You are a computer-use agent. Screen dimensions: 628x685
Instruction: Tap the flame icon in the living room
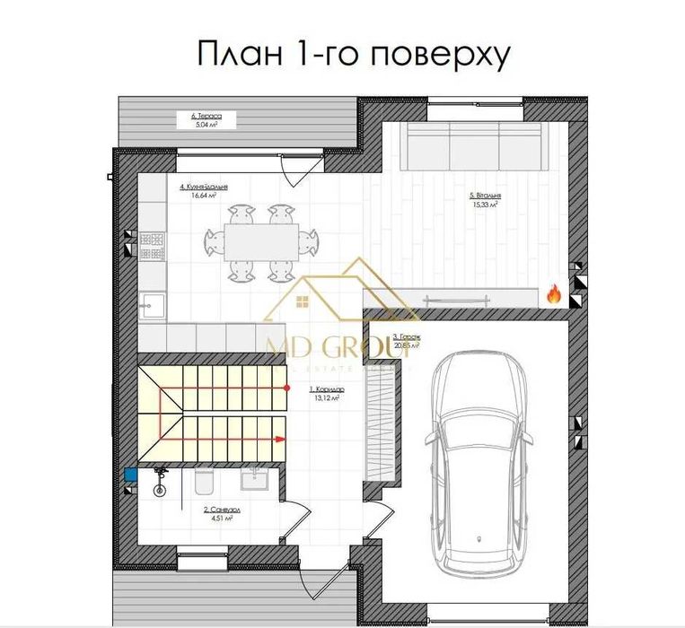pyautogui.click(x=553, y=293)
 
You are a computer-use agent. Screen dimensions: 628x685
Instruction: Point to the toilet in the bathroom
pyautogui.click(x=203, y=484)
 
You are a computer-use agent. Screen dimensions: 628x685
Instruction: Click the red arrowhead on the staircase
pyautogui.click(x=280, y=439)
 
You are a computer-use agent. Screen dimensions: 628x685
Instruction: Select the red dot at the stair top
pyautogui.click(x=286, y=387)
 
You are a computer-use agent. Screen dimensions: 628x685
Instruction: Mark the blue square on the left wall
pyautogui.click(x=130, y=475)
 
